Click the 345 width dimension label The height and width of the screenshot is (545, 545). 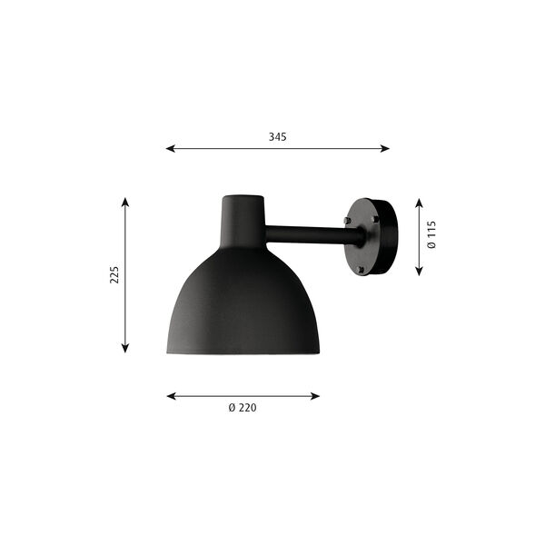(x=277, y=136)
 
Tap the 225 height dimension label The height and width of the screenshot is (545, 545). (x=114, y=274)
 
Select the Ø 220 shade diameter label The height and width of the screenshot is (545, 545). (x=243, y=408)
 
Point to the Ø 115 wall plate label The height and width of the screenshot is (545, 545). (x=432, y=236)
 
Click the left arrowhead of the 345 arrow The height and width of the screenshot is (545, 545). (x=170, y=149)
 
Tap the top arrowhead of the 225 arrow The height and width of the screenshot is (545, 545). (x=125, y=203)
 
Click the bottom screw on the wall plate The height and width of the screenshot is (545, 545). (x=362, y=269)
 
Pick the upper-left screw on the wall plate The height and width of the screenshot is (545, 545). (x=348, y=220)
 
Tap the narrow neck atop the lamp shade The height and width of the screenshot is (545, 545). (x=243, y=218)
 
